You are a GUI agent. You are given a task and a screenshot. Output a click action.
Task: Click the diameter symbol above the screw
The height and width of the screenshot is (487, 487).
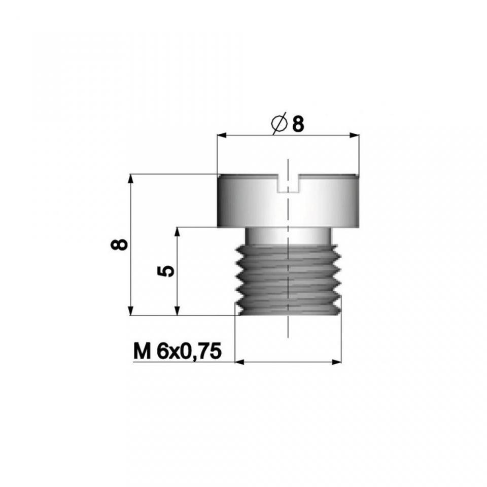279,124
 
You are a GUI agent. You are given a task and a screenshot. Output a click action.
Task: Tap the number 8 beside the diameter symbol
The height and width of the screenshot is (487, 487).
298,124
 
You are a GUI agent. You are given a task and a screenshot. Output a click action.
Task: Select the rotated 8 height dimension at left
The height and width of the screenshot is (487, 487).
119,244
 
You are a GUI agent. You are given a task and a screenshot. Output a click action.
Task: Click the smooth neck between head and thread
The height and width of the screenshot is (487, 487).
288,236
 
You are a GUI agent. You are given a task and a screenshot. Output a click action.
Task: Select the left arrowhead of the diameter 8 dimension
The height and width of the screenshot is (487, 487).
222,135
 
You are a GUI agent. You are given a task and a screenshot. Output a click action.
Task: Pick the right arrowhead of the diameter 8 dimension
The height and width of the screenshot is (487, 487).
355,135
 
